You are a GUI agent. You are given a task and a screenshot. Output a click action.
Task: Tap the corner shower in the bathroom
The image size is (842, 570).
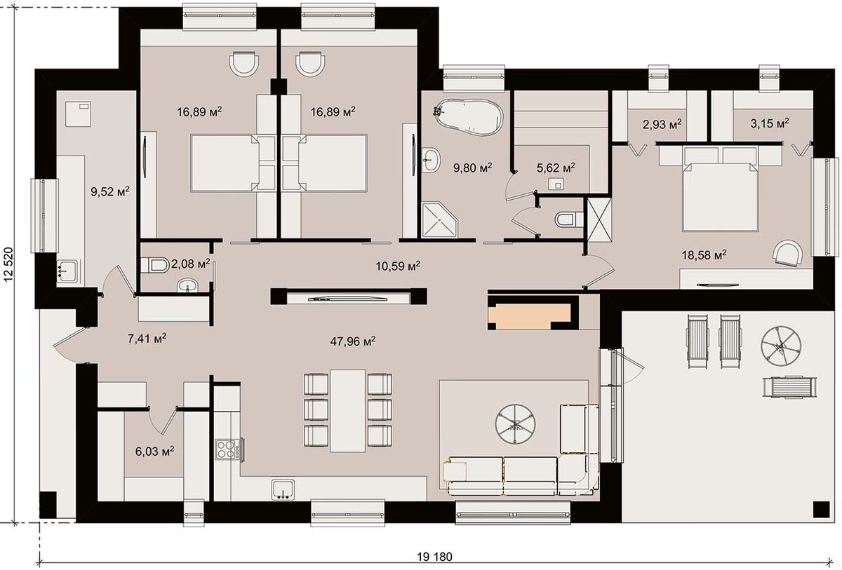click(x=440, y=219)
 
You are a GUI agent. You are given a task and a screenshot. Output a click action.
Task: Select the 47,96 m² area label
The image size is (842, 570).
click(x=352, y=341)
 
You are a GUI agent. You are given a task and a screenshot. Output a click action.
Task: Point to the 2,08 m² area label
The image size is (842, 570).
click(x=190, y=264)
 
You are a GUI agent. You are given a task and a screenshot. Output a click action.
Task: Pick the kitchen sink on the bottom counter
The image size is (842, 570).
click(x=283, y=490)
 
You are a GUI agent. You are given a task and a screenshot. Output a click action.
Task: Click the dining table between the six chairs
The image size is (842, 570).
click(x=348, y=411)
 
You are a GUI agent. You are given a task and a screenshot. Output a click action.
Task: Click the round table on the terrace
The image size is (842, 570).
click(x=781, y=346)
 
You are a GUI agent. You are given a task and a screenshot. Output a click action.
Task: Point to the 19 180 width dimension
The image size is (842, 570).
click(x=434, y=557)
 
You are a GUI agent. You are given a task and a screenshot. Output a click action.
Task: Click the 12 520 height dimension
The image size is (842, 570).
click(x=8, y=264)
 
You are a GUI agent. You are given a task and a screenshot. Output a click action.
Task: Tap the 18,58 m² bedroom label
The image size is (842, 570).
click(x=704, y=255)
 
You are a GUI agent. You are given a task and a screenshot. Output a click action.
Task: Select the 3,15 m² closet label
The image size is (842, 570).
click(x=770, y=123)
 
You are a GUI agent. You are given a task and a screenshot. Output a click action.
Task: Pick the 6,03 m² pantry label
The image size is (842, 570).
click(x=154, y=451)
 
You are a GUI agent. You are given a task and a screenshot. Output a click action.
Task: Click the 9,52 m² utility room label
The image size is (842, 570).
click(x=110, y=191)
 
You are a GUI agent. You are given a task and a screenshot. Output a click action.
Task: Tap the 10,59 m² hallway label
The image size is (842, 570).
click(x=398, y=266)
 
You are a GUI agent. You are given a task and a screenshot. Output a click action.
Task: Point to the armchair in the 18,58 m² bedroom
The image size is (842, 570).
click(x=787, y=253)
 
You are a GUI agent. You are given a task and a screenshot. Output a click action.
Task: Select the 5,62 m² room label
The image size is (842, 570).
click(x=556, y=168)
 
